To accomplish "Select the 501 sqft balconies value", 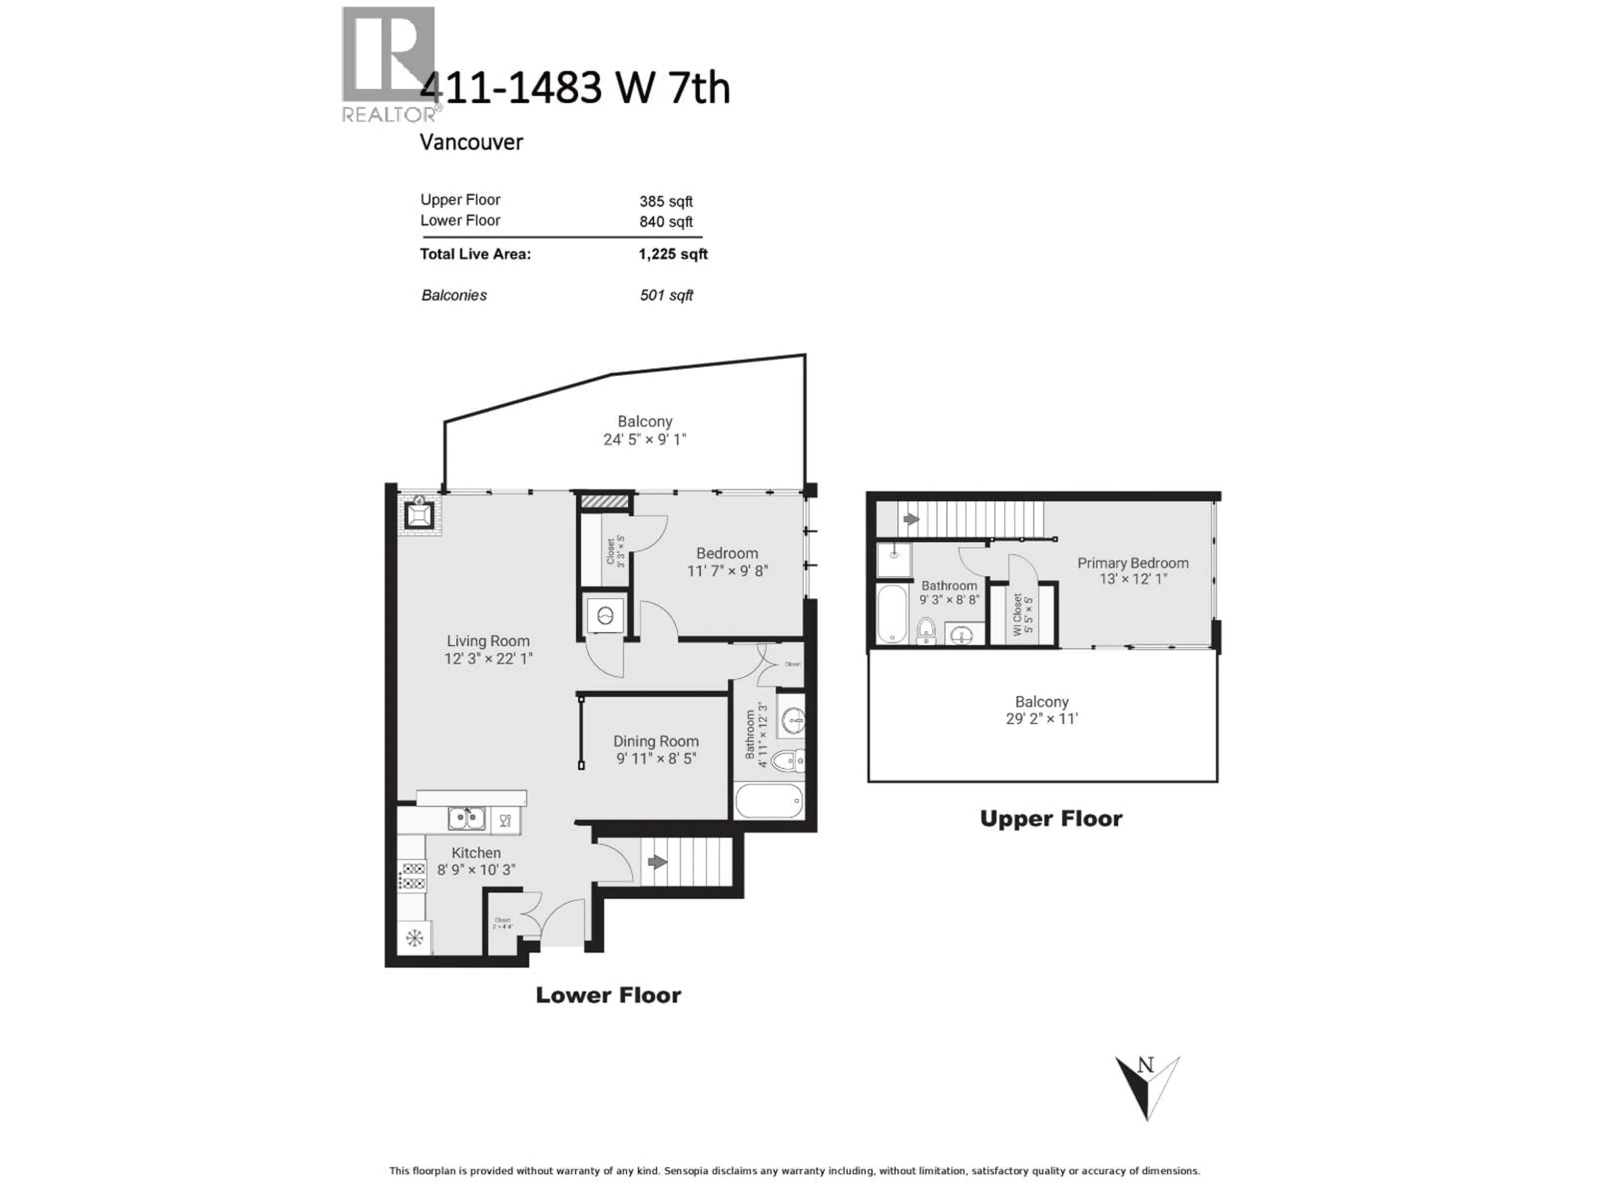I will tap(666, 295).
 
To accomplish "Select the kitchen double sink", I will tap(466, 819).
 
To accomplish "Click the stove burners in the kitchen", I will tap(413, 876).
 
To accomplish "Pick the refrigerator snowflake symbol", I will tap(414, 938).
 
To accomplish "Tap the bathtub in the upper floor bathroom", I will tap(892, 614).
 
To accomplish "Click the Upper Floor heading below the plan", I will tap(1051, 819).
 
